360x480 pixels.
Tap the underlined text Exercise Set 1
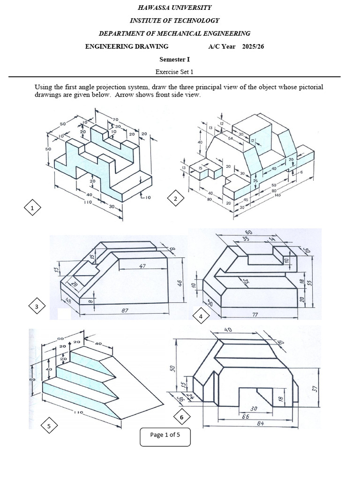174,72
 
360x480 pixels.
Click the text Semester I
174,59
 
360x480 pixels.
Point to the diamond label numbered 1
32,207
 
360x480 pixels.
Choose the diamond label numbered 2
175,200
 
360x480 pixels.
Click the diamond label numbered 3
37,307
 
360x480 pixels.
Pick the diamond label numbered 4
201,317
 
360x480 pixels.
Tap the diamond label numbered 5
49,426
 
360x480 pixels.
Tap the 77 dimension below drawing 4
255,315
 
